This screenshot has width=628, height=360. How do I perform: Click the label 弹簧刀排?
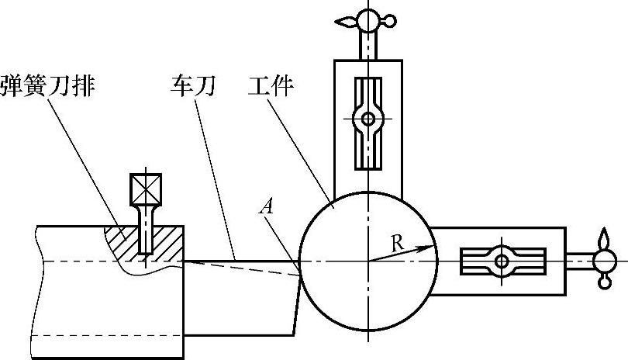[x=48, y=84]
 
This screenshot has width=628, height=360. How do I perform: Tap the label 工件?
[x=270, y=84]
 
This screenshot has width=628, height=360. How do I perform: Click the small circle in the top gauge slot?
[x=367, y=119]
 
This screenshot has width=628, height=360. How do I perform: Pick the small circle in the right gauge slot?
[x=502, y=261]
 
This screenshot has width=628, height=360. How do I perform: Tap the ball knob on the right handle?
[x=603, y=261]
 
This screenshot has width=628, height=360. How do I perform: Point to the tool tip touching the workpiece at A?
[x=300, y=271]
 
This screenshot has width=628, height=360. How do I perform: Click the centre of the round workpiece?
[x=367, y=261]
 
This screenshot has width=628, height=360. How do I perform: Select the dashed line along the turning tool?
[x=240, y=266]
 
